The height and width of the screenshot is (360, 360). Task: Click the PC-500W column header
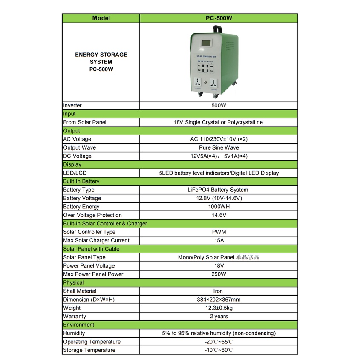click(219, 18)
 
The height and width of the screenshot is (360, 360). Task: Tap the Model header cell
click(101, 18)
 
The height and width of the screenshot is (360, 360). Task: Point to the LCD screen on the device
click(206, 44)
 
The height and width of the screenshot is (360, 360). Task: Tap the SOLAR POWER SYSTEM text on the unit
click(206, 56)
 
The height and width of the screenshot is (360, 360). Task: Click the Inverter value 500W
click(219, 105)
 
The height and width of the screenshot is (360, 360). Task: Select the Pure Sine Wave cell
click(219, 147)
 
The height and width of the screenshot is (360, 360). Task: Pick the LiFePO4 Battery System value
click(219, 190)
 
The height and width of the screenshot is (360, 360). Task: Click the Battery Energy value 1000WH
click(219, 207)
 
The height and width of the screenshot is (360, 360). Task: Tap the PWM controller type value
click(219, 232)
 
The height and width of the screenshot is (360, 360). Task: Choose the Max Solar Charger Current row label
click(96, 240)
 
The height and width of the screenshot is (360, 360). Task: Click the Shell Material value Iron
click(219, 291)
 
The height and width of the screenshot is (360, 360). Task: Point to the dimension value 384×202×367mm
click(219, 300)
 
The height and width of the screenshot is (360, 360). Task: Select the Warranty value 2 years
click(219, 317)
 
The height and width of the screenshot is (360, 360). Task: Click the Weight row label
click(72, 308)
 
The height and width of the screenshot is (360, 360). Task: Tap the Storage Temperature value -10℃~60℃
click(219, 350)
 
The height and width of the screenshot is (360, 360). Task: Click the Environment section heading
click(79, 325)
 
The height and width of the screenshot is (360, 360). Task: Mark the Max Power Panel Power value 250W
click(219, 274)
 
